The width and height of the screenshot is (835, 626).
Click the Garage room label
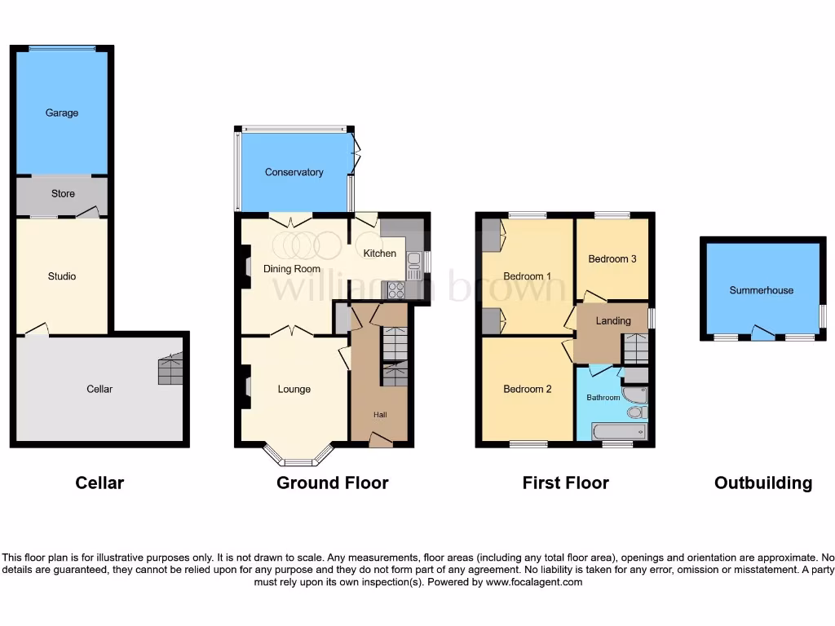coord(62,112)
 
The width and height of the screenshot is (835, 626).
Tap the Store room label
coord(63,194)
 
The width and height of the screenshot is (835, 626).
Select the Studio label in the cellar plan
coord(62,276)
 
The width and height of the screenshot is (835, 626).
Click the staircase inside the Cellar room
coord(170,371)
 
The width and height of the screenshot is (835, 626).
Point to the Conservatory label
coord(294,172)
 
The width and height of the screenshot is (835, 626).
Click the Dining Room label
coord(291,268)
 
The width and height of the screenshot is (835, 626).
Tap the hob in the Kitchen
coord(395,289)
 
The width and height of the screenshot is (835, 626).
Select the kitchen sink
coord(413,261)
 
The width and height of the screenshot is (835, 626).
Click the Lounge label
coord(294,389)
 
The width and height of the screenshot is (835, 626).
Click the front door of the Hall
coord(380,440)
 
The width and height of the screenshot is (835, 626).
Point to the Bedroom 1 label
coord(527,276)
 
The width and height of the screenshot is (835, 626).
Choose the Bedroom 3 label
coord(612,259)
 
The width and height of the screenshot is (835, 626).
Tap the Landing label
coord(612,320)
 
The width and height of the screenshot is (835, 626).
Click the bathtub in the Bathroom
coord(619,431)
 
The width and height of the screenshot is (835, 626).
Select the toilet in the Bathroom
coord(636,412)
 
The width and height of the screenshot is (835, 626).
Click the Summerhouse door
coord(762,333)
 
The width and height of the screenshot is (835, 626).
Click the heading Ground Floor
coord(332,483)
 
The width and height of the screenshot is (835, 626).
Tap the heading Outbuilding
coord(762,483)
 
